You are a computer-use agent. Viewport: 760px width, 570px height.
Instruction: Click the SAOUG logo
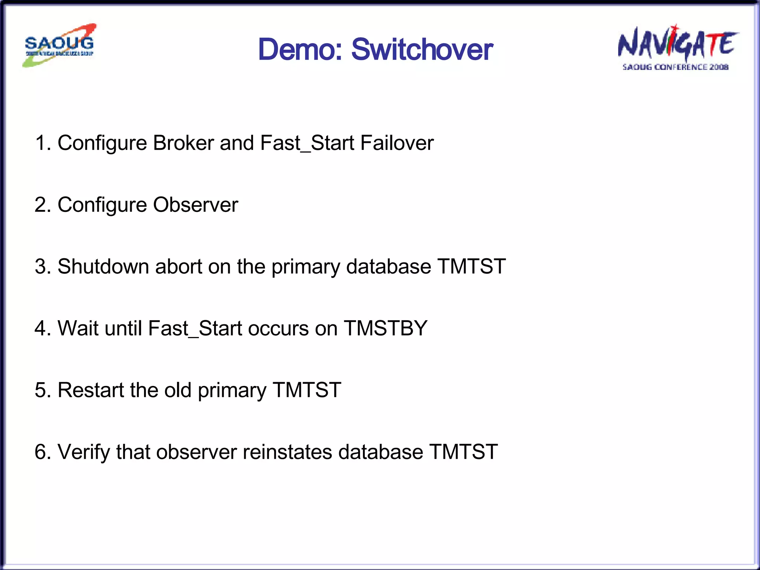(59, 45)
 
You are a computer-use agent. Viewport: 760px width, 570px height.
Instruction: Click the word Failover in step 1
(397, 143)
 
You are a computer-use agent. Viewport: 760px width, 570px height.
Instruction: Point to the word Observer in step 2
(195, 205)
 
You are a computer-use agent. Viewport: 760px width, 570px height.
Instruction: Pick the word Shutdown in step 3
(103, 266)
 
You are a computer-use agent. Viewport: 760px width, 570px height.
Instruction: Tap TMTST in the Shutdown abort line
(471, 266)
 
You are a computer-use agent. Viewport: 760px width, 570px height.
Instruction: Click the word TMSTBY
(386, 328)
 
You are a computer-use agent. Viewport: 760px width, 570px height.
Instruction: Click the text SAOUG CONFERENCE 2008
(675, 67)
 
